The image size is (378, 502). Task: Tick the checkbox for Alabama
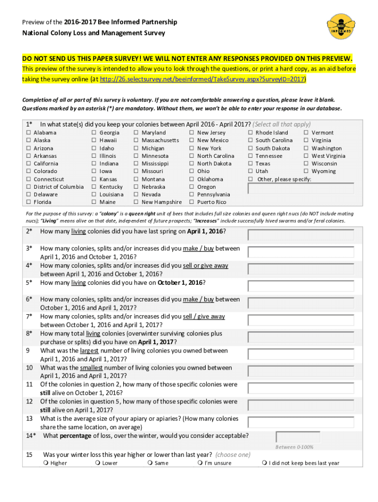point(28,133)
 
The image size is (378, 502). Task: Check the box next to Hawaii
point(94,141)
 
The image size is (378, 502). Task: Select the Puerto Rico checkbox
point(192,202)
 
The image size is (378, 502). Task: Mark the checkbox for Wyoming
point(306,172)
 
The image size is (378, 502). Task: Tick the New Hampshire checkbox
point(136,202)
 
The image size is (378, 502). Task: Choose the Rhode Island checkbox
point(250,133)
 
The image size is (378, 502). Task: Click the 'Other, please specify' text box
point(301,189)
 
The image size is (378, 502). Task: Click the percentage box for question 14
point(298,437)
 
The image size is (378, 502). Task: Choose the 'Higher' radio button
point(45,463)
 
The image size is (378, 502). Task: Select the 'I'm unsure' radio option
point(199,463)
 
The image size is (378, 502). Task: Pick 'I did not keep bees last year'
point(265,463)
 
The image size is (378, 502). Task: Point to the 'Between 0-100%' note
point(295,447)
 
